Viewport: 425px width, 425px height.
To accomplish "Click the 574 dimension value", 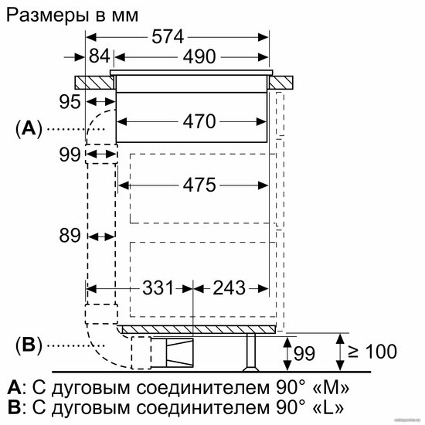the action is pyautogui.click(x=168, y=37).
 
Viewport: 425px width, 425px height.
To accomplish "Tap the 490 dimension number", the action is pyautogui.click(x=199, y=57).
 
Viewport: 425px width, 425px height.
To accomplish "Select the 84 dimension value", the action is pyautogui.click(x=100, y=56).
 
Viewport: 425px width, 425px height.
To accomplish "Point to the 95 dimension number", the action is pyautogui.click(x=70, y=102).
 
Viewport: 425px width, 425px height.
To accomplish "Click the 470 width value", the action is pyautogui.click(x=199, y=121).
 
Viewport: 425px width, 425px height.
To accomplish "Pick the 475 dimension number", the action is pyautogui.click(x=199, y=185).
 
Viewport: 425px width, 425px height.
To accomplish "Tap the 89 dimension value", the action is pyautogui.click(x=70, y=235).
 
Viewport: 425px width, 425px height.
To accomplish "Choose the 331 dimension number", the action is pyautogui.click(x=158, y=288).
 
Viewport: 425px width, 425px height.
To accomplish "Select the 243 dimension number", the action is pyautogui.click(x=229, y=288).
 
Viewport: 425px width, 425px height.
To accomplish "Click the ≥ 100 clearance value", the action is pyautogui.click(x=372, y=352).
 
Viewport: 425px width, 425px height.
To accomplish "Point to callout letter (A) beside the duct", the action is pyautogui.click(x=29, y=128).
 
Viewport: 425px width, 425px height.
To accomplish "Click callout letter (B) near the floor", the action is pyautogui.click(x=29, y=345).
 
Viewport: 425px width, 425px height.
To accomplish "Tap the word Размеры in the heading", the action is pyautogui.click(x=47, y=15).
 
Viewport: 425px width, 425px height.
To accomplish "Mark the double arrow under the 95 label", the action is pyautogui.click(x=100, y=102).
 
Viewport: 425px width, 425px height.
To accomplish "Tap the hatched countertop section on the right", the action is pyautogui.click(x=281, y=83).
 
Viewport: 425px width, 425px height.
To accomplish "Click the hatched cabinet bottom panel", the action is pyautogui.click(x=199, y=329).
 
